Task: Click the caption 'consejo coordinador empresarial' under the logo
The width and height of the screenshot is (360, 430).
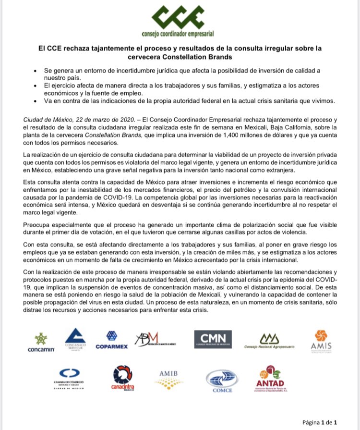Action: click(178, 34)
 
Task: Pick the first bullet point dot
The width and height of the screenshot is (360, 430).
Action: click(35, 71)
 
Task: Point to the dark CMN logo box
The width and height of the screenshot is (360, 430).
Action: click(213, 340)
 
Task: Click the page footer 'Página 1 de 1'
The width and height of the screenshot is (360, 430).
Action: click(323, 422)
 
